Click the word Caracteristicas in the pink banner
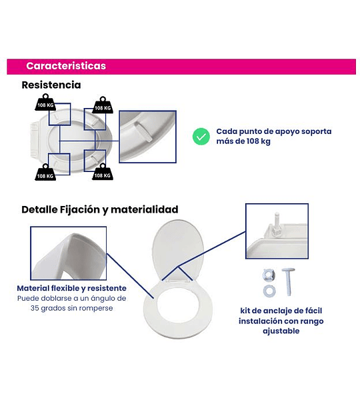click(66, 66)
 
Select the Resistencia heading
click(51, 85)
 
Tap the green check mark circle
click(201, 137)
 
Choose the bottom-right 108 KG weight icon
click(103, 172)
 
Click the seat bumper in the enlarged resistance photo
click(143, 131)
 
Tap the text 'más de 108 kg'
click(243, 141)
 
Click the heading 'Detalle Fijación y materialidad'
click(100, 210)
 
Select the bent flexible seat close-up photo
click(69, 253)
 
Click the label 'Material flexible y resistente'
click(72, 288)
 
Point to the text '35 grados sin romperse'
click(72, 308)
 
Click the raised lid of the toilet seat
click(177, 249)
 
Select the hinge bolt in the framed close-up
click(276, 225)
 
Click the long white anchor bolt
click(288, 282)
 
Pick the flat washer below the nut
click(269, 291)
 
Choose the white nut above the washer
click(269, 275)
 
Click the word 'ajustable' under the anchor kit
click(281, 331)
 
